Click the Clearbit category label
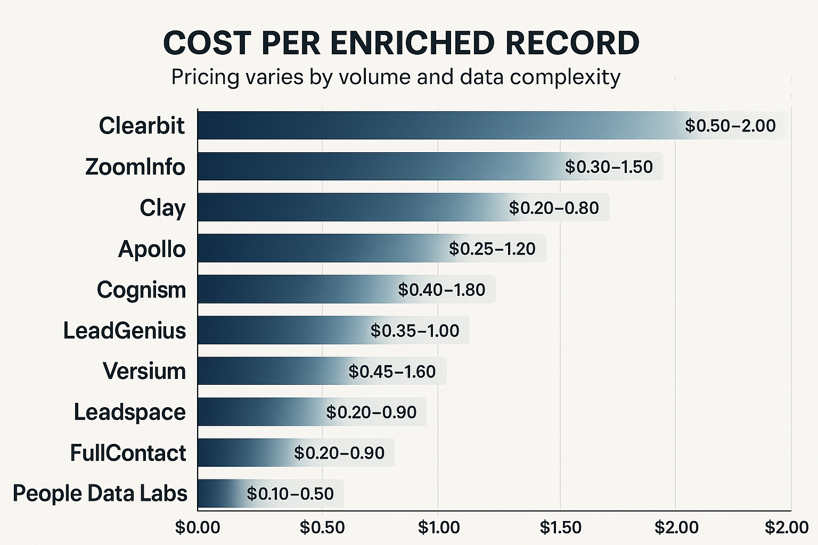[142, 126]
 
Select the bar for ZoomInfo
[373, 167]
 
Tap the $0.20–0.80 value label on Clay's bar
[554, 208]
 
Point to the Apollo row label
[152, 249]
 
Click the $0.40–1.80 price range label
[441, 290]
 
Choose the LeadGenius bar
[282, 330]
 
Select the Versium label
[144, 371]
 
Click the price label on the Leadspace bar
[371, 412]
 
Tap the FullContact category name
[128, 453]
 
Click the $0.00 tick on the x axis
[198, 527]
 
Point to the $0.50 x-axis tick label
[322, 527]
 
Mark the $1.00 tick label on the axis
[439, 527]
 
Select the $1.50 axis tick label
[560, 527]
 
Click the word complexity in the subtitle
[565, 78]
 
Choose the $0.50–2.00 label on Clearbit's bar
[730, 126]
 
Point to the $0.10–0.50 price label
[290, 493]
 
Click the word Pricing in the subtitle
[205, 78]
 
